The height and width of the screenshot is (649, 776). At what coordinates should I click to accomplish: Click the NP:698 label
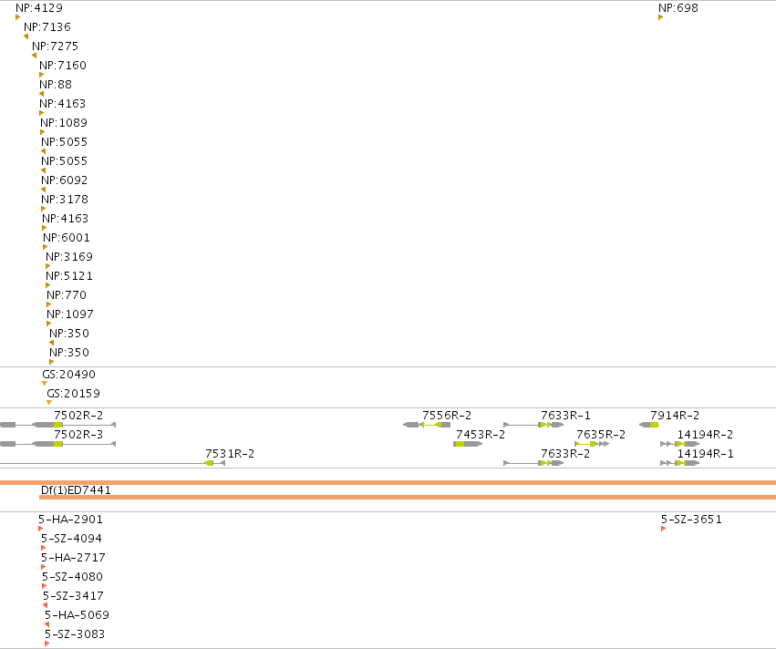coord(678,8)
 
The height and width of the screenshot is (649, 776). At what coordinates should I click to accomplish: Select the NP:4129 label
coord(39,8)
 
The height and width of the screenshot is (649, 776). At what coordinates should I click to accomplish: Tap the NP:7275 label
coord(55,46)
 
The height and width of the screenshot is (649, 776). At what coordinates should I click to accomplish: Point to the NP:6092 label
coord(65,180)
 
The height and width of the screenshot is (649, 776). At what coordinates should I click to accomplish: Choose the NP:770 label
coord(67,294)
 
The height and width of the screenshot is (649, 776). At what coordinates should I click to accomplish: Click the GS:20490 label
coord(68,375)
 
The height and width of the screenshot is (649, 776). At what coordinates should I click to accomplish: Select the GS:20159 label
coord(73,394)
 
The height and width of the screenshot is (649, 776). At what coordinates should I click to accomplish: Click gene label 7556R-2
coord(447,416)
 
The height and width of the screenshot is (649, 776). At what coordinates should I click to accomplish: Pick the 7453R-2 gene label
coord(480,435)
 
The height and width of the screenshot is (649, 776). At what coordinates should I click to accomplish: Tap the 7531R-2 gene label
coord(230,454)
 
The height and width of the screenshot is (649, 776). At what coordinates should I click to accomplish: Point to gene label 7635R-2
coord(601,435)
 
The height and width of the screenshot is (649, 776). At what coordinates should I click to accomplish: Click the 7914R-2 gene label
coord(675,416)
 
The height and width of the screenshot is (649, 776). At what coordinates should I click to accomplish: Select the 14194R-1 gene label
coord(705,454)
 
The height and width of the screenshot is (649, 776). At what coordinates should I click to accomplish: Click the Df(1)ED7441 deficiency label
coord(76,490)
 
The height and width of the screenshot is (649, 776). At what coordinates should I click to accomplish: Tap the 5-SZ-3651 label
coord(691,520)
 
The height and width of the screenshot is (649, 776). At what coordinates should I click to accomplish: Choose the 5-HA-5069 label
coord(77,615)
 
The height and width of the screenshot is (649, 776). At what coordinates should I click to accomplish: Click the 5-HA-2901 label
coord(70,520)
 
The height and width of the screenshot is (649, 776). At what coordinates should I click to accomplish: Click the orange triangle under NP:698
coord(661,18)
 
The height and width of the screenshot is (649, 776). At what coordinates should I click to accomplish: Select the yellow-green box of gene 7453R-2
coord(460,444)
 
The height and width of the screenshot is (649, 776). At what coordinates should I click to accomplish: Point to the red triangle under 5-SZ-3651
coord(663,530)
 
